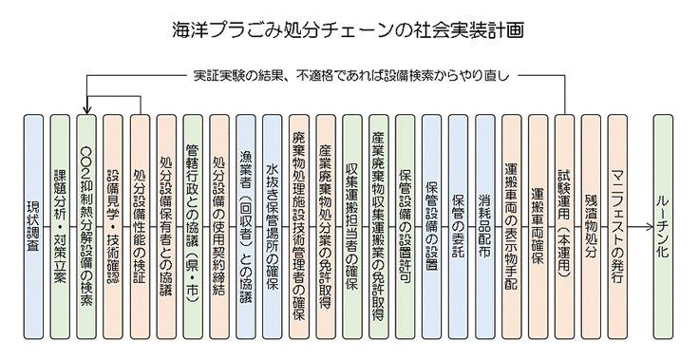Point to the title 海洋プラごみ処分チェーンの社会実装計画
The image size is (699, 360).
click(x=349, y=30)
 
